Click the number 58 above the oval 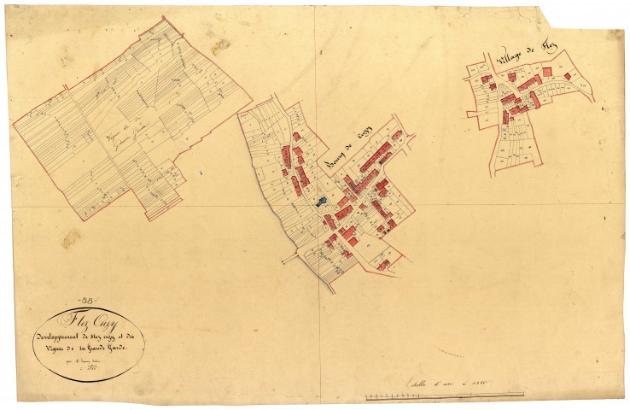pyautogui.click(x=88, y=299)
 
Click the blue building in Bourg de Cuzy pyautogui.click(x=321, y=202)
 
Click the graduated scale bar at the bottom pyautogui.click(x=444, y=395)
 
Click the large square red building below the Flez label pyautogui.click(x=546, y=73)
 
